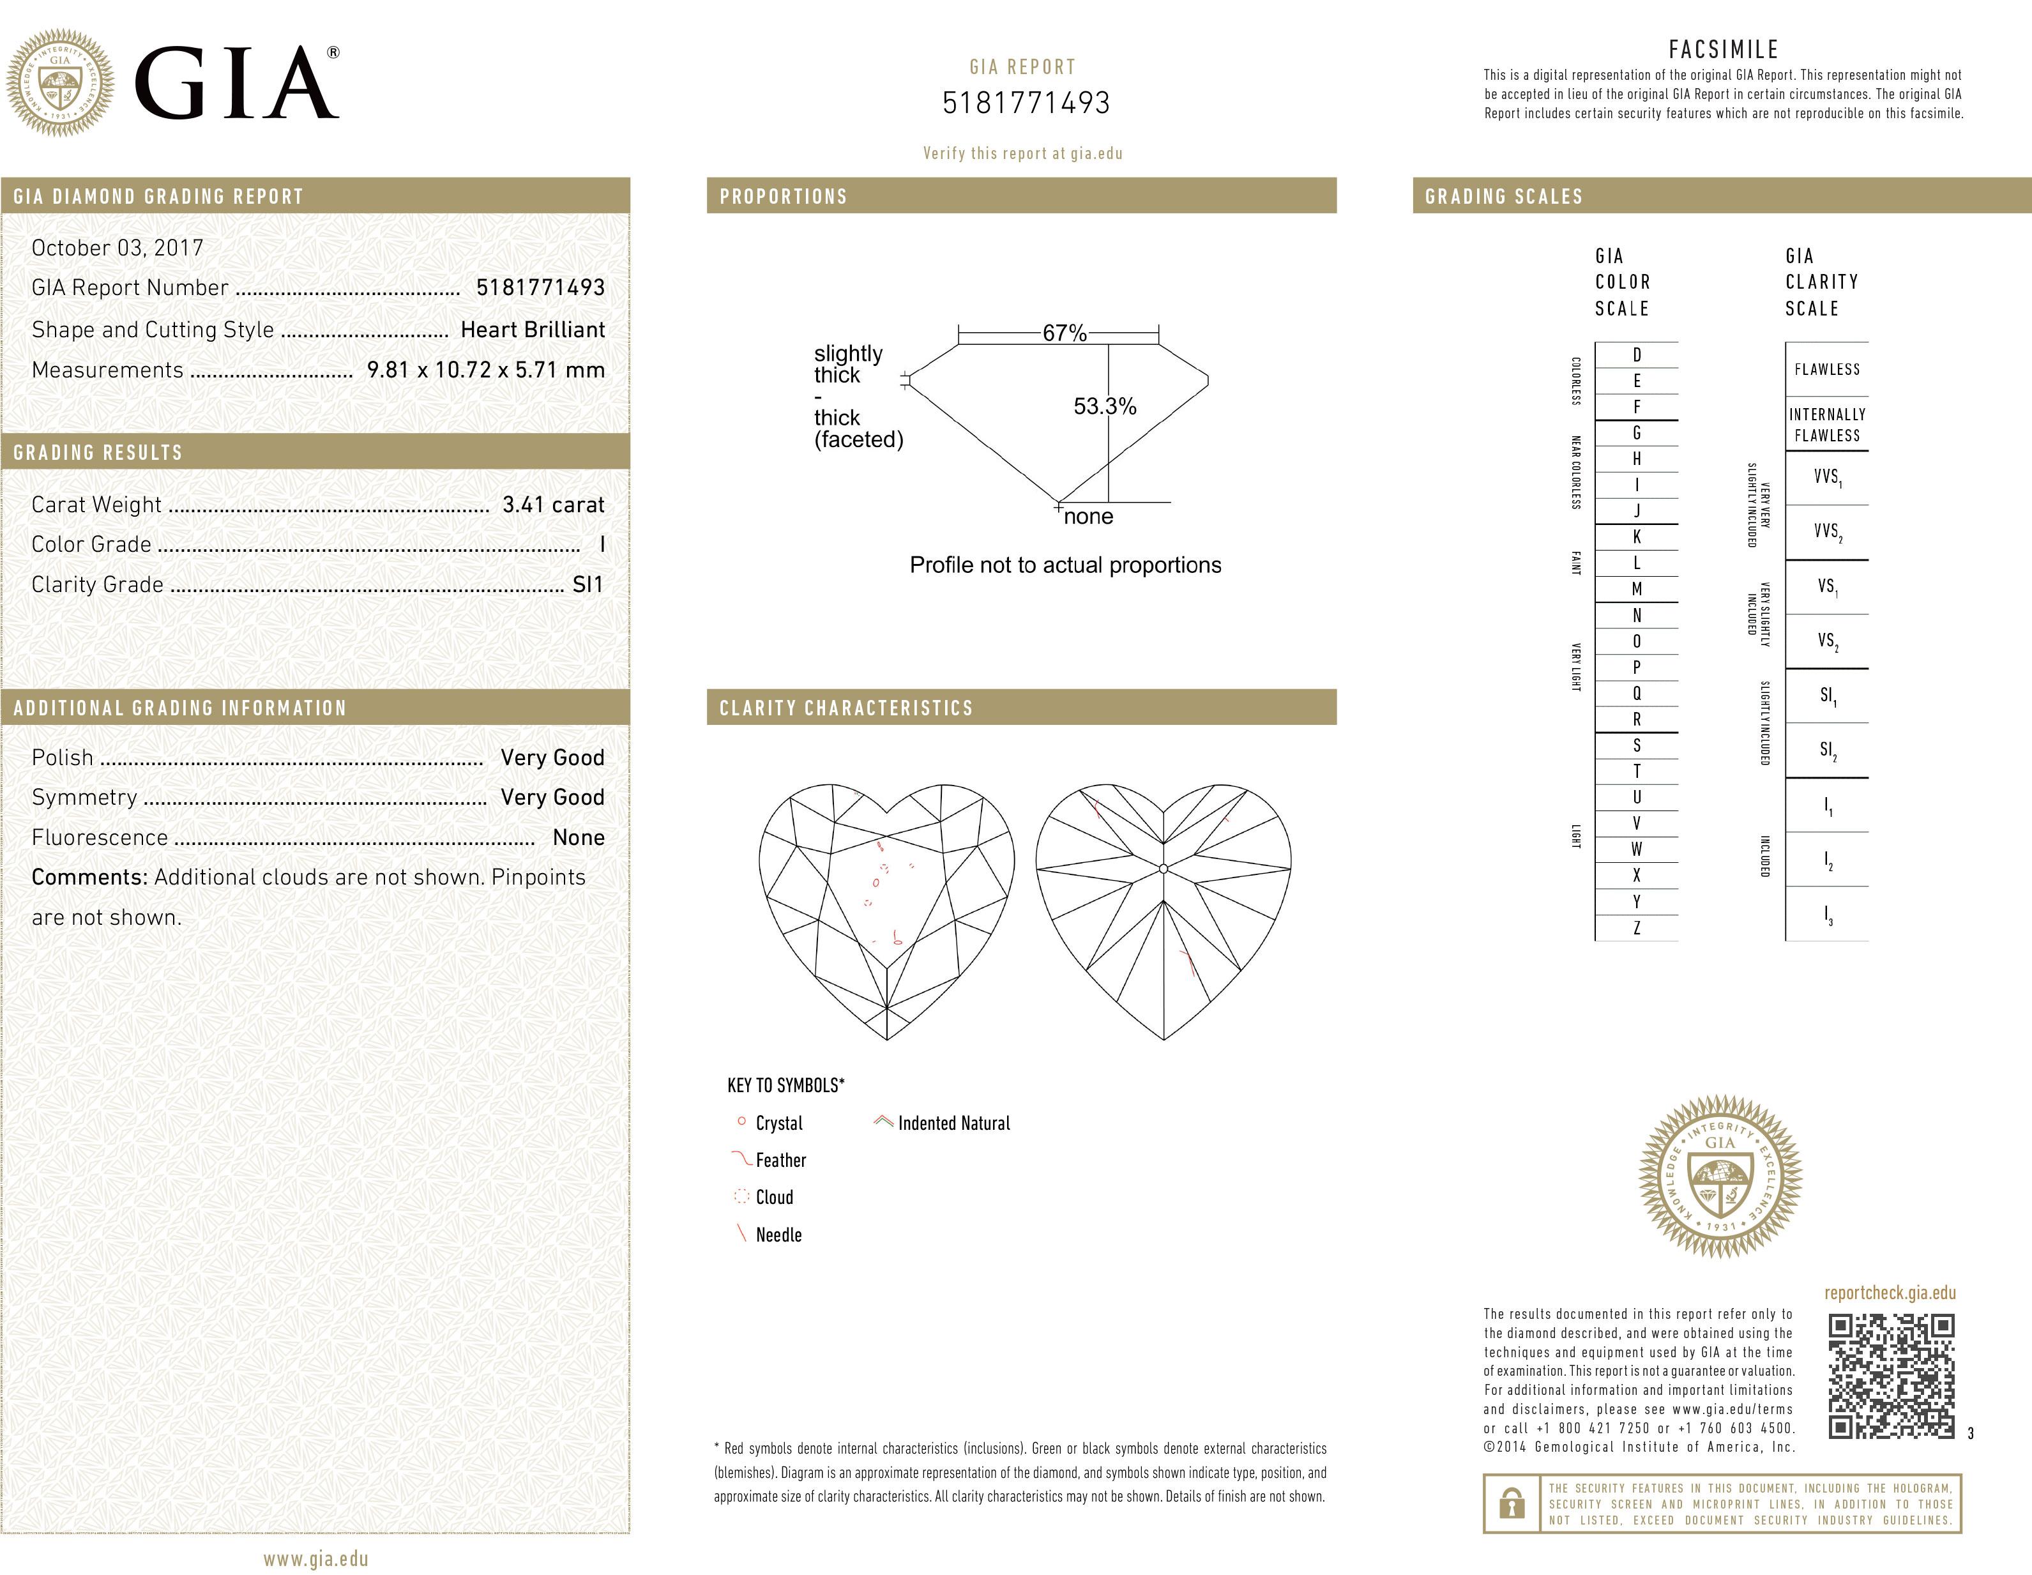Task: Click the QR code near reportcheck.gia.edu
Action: coord(1891,1376)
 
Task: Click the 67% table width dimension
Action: coord(1065,333)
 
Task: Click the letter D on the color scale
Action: coord(1637,355)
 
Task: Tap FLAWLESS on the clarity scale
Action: coord(1826,369)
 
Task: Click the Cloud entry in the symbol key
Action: coord(774,1198)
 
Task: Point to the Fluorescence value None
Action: coord(578,838)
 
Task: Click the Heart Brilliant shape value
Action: coord(532,330)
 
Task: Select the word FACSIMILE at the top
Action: coord(1723,49)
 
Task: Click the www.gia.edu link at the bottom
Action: coord(315,1559)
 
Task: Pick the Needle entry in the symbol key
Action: coord(778,1235)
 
